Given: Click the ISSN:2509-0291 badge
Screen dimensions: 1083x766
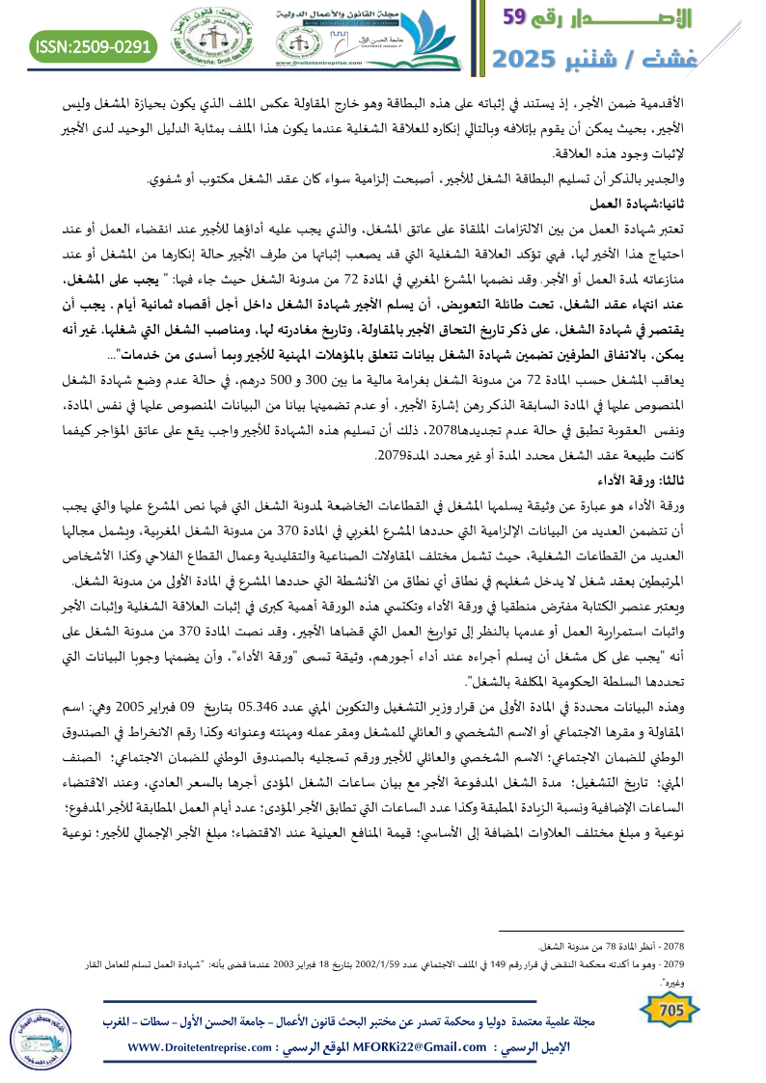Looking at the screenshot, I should pos(94,46).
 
